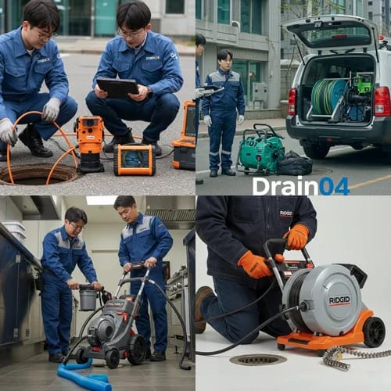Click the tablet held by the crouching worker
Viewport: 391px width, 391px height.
[118, 88]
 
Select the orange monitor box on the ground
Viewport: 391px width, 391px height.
[134, 159]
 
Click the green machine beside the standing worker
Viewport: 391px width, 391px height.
[260, 149]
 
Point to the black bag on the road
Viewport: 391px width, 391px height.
[295, 163]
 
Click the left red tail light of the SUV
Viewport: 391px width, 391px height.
[292, 101]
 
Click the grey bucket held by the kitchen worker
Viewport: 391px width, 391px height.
[88, 299]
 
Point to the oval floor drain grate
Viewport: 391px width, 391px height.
[257, 359]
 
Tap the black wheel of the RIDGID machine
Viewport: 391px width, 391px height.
[374, 332]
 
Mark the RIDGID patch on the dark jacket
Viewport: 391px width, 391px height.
[286, 213]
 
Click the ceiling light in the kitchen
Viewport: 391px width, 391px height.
[102, 200]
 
